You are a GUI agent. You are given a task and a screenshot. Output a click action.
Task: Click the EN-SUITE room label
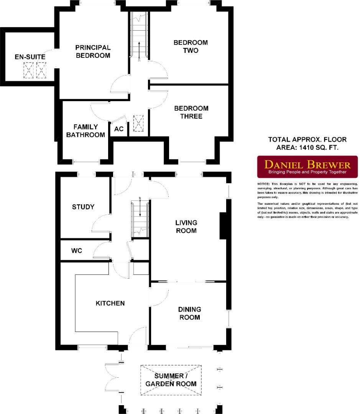pos(30,57)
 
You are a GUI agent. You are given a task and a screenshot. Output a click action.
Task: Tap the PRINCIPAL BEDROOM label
pos(93,51)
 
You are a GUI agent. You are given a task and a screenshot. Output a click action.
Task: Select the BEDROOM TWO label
pos(191,46)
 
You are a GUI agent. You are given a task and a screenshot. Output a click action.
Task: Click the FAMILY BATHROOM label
pos(85,131)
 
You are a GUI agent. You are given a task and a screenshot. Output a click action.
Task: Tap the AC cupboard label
pos(119,129)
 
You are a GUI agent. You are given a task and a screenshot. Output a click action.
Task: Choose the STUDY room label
pos(83,207)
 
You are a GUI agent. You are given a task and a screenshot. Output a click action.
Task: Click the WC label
pos(76,251)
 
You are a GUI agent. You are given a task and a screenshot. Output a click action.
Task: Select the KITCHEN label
pos(110,303)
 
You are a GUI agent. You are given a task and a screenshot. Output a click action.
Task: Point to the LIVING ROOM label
pos(186,226)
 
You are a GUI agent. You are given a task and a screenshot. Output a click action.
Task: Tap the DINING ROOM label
pos(189,313)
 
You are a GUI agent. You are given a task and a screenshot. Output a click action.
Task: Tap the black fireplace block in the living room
pos(223,226)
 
